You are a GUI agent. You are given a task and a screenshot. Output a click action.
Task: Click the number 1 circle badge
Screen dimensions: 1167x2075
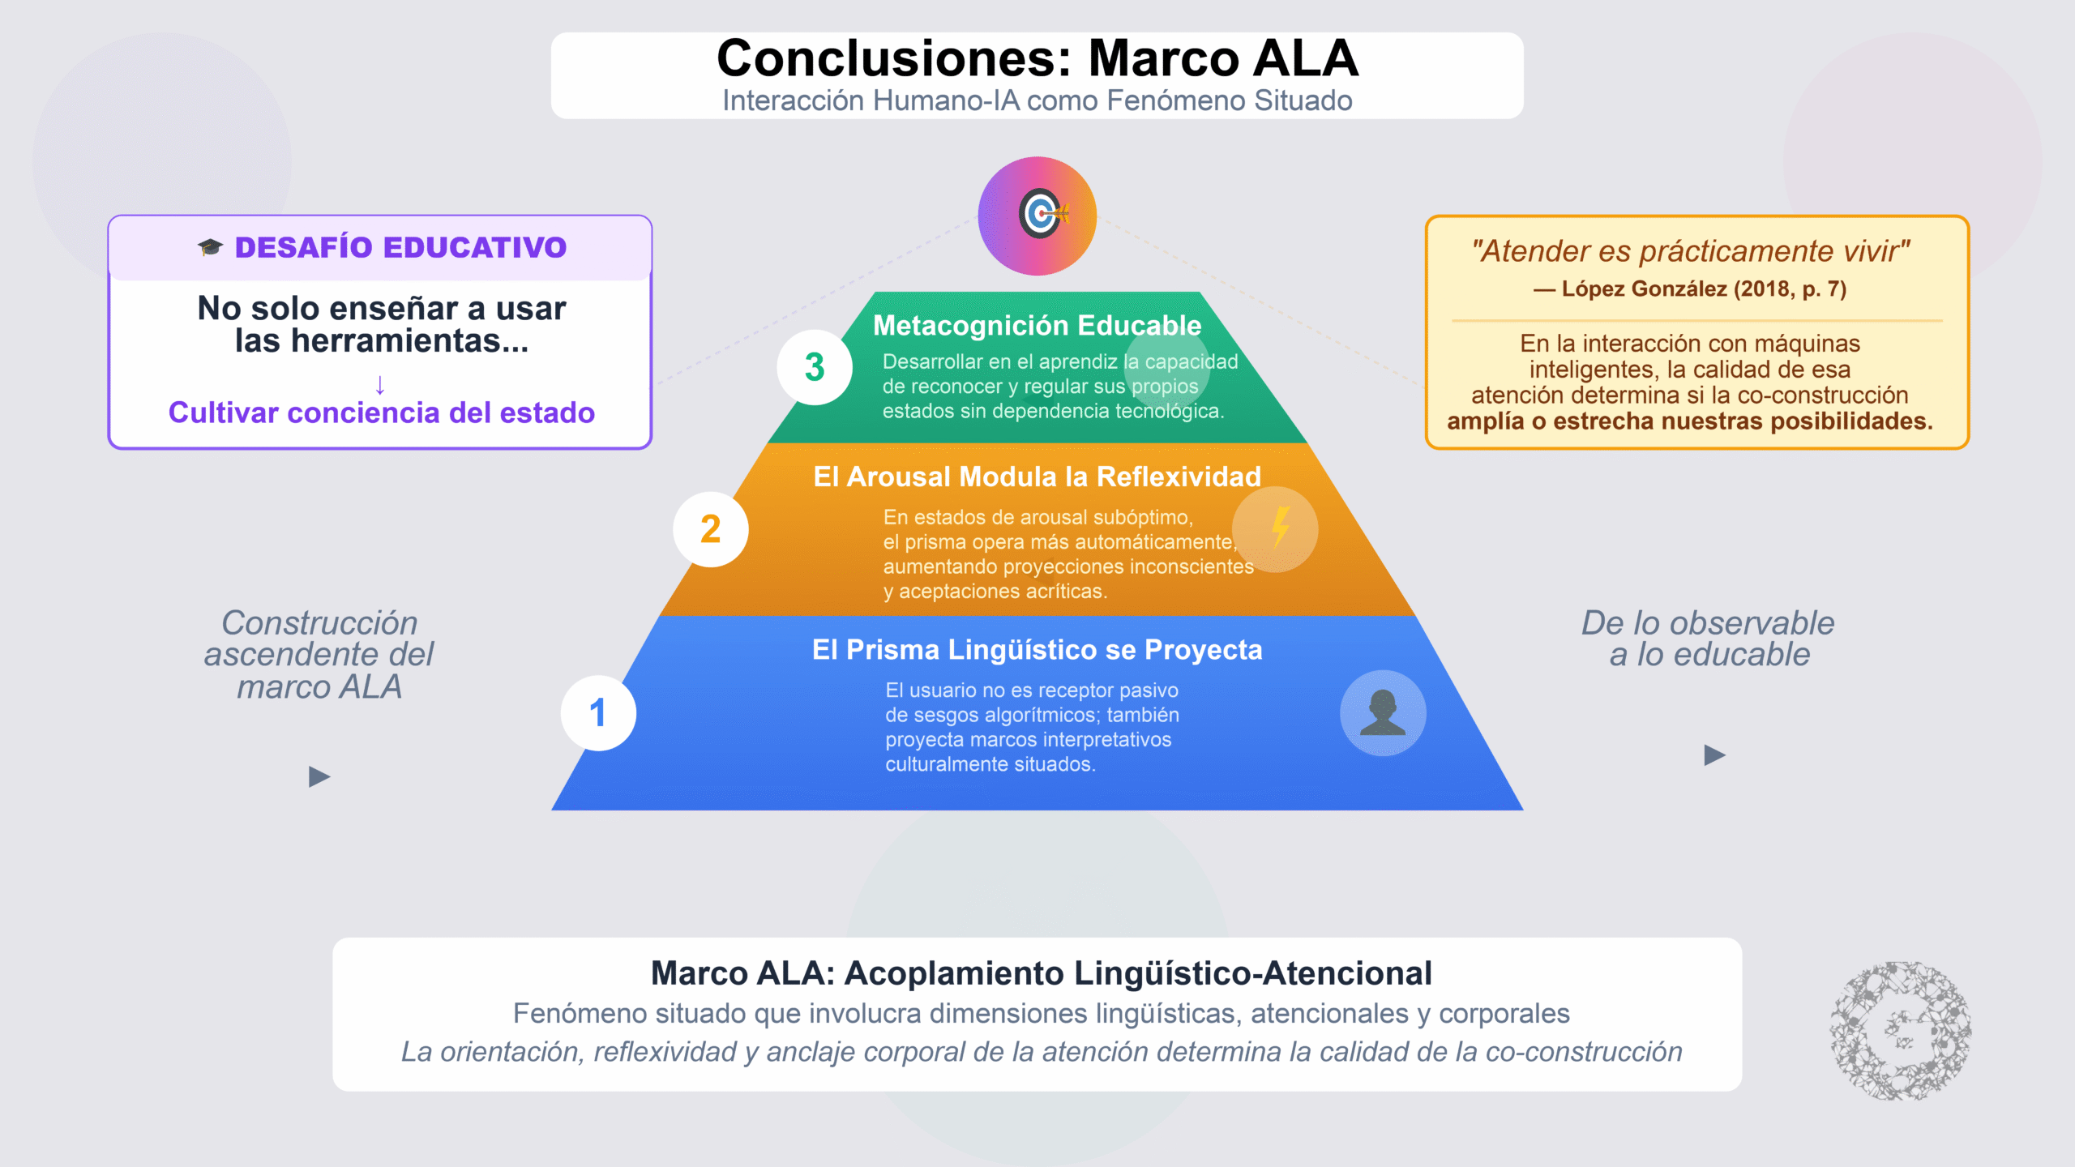[598, 713]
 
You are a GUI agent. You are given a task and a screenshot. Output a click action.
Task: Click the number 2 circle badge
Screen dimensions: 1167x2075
[711, 529]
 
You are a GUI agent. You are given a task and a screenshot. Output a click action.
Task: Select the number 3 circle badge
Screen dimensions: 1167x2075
[815, 367]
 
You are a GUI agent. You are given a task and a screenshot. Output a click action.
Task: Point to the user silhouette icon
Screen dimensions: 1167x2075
[1383, 713]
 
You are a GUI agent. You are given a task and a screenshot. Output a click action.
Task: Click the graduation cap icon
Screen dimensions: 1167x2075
[210, 247]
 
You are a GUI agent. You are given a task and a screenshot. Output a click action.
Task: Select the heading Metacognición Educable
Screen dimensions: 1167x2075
[1037, 325]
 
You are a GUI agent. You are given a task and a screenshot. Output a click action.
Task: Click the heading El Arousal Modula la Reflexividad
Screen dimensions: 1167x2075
[1037, 477]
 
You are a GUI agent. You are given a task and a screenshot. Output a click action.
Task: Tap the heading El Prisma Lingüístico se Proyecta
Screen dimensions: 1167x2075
[1037, 649]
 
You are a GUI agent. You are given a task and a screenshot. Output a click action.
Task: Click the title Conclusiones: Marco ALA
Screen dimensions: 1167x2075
[1037, 58]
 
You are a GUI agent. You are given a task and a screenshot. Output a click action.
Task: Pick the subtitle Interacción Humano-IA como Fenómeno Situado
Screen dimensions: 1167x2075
[1037, 100]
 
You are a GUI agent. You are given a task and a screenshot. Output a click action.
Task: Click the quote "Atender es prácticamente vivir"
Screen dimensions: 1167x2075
[1691, 251]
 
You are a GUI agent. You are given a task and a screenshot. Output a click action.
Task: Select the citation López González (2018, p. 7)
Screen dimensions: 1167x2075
[1691, 289]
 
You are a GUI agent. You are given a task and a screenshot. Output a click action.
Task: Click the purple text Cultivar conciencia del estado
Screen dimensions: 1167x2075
[381, 413]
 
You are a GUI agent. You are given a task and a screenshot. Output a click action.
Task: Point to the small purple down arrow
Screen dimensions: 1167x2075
[380, 383]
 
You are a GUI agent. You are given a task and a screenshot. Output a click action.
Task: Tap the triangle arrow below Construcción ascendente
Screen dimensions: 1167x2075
[319, 777]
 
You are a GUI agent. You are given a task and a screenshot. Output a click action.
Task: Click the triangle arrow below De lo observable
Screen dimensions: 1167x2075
[1714, 755]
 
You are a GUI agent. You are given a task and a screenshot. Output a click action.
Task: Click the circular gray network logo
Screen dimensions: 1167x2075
[1901, 1031]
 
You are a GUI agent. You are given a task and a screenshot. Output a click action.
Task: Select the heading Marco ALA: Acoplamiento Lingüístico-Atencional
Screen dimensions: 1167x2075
[1041, 973]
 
